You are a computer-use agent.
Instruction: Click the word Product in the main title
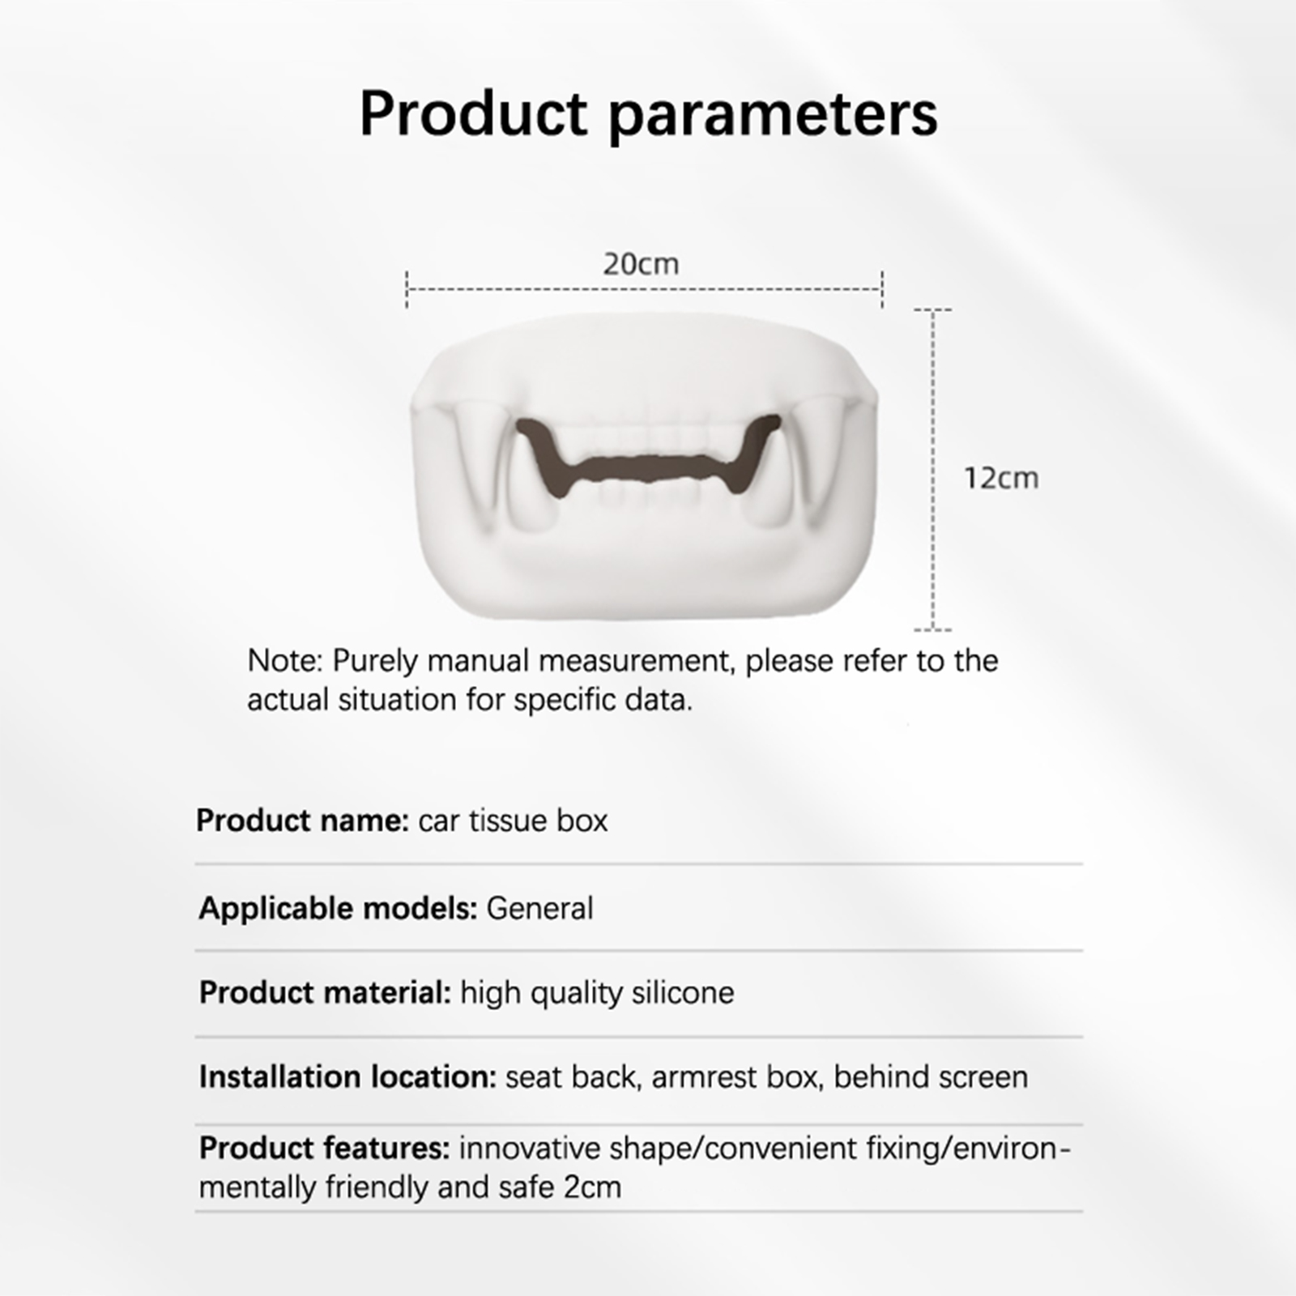[x=473, y=113]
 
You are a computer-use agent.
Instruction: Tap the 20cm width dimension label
[x=641, y=264]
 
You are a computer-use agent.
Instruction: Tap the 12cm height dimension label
[x=1001, y=478]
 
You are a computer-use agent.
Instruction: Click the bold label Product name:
[x=302, y=821]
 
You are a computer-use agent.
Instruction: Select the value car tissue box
[x=513, y=821]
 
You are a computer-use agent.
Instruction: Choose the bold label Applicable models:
[x=338, y=909]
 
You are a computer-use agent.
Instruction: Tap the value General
[x=539, y=909]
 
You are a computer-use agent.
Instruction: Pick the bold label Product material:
[x=325, y=992]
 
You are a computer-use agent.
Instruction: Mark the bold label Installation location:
[x=347, y=1077]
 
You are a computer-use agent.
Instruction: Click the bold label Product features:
[x=324, y=1149]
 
